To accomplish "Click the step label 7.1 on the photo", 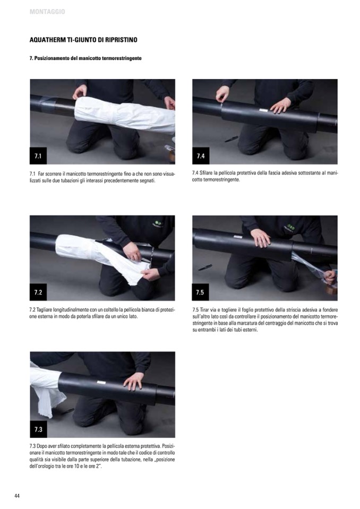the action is [x=38, y=156].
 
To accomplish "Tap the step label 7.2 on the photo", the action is [x=38, y=292].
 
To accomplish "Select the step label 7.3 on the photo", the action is [x=38, y=429].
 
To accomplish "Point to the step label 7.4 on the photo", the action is [x=201, y=156].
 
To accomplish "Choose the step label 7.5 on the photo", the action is [x=200, y=292].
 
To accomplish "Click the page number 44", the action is [x=17, y=496].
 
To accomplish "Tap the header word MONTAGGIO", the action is [x=47, y=12].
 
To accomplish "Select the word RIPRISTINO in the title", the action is [x=122, y=40].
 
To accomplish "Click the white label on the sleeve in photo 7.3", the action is [x=101, y=382].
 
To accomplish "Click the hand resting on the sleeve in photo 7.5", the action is [x=261, y=238].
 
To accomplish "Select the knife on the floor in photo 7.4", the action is [x=231, y=139].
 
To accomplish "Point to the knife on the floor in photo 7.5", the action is [x=205, y=267].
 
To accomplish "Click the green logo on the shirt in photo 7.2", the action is [x=158, y=223].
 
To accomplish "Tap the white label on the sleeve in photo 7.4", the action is [x=263, y=110].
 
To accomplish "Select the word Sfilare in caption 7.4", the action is [x=206, y=173].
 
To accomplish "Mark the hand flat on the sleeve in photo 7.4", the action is [x=280, y=105].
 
